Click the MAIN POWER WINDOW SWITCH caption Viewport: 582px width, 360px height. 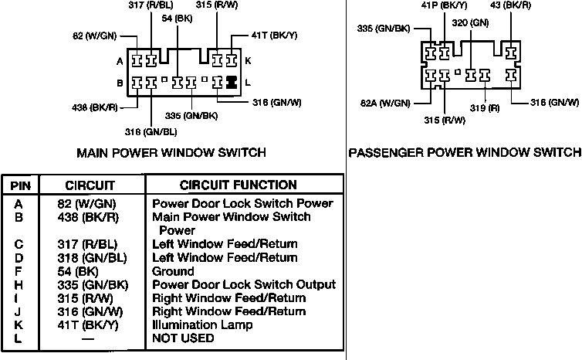(x=171, y=153)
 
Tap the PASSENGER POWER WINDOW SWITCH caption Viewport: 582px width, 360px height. (x=465, y=152)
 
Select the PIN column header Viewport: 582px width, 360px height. (x=19, y=185)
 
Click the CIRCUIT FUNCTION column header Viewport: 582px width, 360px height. (x=238, y=185)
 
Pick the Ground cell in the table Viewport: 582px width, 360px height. (x=173, y=271)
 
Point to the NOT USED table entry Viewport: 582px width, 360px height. (x=183, y=338)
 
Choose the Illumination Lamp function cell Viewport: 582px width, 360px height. (x=202, y=324)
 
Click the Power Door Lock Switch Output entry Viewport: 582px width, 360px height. (x=244, y=284)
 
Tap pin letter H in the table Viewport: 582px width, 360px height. (x=19, y=284)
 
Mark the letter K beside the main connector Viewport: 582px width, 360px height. (x=249, y=60)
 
